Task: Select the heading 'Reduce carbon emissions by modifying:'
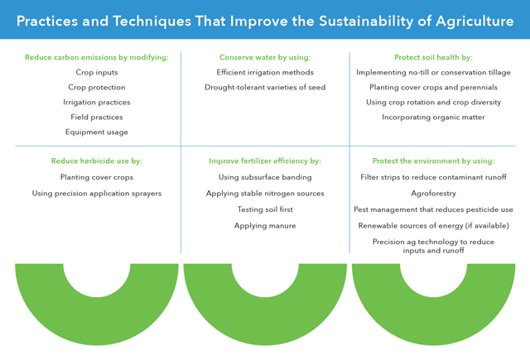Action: coord(97,57)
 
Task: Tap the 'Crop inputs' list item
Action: coord(97,73)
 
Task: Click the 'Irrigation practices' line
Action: coord(97,103)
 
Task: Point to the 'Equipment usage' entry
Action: coord(97,132)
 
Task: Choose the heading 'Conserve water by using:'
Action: coord(265,57)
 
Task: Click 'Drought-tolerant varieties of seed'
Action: coord(265,88)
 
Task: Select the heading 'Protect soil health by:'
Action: coord(433,57)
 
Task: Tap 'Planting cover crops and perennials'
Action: coord(433,88)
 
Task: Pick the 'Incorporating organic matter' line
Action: coord(433,118)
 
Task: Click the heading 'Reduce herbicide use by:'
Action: coord(97,161)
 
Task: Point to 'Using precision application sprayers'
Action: coord(97,193)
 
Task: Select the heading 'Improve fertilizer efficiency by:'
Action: coord(265,161)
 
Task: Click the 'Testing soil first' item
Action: coord(265,209)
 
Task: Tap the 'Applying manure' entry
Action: coord(265,225)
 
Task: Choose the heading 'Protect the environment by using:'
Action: coord(433,161)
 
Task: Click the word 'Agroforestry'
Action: coord(433,193)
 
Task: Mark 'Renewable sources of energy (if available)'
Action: coord(433,225)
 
